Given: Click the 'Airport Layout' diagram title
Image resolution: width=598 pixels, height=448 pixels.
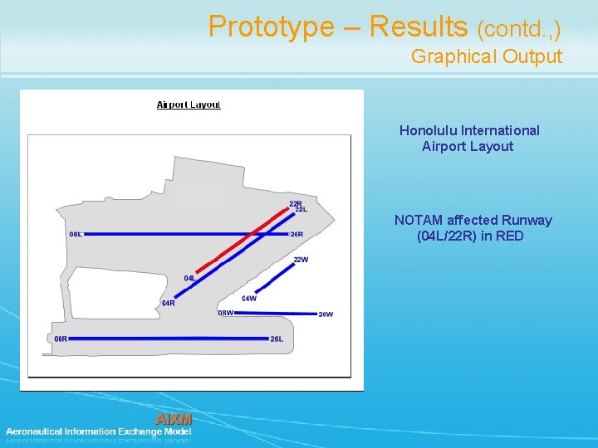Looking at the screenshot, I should point(189,105).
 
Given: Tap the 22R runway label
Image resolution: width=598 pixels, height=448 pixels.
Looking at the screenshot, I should point(295,203).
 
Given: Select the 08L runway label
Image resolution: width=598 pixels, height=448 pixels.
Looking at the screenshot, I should point(76,234).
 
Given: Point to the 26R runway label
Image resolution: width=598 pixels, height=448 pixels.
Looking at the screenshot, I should point(297,234).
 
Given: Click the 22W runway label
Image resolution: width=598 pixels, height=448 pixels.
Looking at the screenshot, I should point(301,260).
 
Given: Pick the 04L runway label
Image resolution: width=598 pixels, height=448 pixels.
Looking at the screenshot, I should point(189,278).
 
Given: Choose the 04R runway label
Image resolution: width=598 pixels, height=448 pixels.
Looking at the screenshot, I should point(168,303).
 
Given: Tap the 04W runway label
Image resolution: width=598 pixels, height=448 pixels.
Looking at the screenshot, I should point(249,298).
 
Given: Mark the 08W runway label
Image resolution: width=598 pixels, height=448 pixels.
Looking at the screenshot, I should point(225,313).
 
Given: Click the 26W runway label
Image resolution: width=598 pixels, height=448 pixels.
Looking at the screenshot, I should point(326,314).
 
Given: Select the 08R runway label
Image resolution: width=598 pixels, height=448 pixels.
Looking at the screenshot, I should point(61,338).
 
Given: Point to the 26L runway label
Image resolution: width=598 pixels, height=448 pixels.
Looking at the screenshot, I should point(277,338).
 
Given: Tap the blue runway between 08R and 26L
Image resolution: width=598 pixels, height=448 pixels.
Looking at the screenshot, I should point(166,338).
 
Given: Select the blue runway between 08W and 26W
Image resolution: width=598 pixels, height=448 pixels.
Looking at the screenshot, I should point(274,314).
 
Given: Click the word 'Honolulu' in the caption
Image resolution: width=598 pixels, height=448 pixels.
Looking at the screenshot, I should point(428,130).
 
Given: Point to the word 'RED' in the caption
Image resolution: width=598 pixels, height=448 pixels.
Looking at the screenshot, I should point(509,236).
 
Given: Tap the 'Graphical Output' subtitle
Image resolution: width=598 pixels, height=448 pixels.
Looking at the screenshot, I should point(486,56).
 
